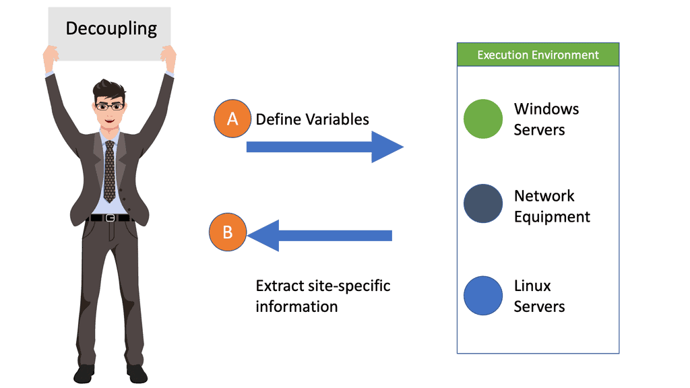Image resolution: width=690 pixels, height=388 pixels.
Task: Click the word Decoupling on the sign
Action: click(x=111, y=29)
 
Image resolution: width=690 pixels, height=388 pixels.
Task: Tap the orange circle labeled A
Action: click(x=232, y=119)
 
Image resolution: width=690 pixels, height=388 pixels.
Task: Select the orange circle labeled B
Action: click(x=228, y=232)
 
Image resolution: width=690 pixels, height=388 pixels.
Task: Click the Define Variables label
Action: click(x=312, y=119)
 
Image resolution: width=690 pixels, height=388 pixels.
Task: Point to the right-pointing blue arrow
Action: click(x=324, y=147)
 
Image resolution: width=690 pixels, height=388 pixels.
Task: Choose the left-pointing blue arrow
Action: click(x=320, y=235)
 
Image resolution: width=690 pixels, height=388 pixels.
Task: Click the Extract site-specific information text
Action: click(x=323, y=296)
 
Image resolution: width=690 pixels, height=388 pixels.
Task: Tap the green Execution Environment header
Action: click(x=538, y=55)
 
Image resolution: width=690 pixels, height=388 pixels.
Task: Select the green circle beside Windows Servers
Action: click(x=483, y=119)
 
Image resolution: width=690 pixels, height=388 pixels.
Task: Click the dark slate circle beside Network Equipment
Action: click(x=483, y=203)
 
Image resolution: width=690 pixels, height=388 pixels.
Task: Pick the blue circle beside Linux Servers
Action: click(x=483, y=296)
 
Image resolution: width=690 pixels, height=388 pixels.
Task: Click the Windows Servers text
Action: click(x=546, y=119)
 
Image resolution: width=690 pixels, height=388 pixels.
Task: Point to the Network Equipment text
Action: click(x=551, y=206)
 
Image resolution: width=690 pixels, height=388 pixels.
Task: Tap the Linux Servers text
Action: click(x=539, y=296)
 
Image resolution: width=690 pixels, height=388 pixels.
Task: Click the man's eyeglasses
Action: click(x=109, y=106)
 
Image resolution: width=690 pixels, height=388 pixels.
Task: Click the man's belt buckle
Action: click(x=110, y=218)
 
